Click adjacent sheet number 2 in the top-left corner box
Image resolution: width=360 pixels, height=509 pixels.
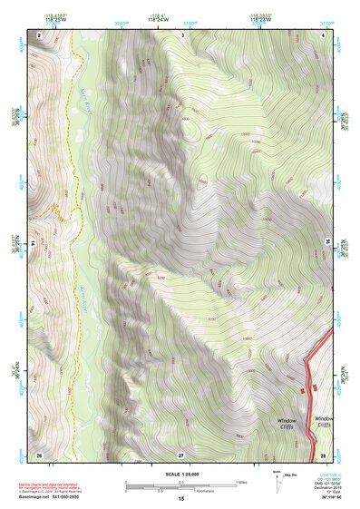click(x=40, y=34)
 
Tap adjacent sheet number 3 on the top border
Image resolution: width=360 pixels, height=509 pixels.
click(x=182, y=34)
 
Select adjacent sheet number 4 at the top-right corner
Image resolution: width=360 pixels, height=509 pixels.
click(x=323, y=34)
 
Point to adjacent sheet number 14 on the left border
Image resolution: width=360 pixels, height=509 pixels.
click(x=33, y=244)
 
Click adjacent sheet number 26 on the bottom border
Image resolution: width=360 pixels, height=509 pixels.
click(x=39, y=453)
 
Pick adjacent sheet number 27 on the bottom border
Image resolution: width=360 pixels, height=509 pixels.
click(x=180, y=453)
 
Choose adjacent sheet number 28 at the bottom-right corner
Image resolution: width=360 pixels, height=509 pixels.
click(x=323, y=453)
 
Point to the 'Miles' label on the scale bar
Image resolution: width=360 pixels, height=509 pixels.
click(x=240, y=482)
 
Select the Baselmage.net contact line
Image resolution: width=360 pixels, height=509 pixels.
click(x=51, y=498)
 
